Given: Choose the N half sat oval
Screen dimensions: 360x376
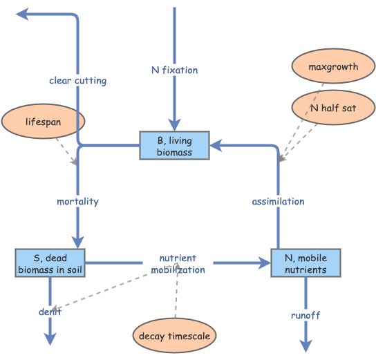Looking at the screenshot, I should tap(333, 107).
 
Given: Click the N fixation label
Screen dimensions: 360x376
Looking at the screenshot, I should tap(174, 70).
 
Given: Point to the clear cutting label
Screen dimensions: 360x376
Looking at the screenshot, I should tap(77, 81).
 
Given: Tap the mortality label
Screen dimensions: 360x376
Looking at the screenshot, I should tap(77, 202).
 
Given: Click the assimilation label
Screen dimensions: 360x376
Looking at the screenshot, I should tap(278, 202).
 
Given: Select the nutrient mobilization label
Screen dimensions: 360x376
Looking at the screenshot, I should tap(178, 264).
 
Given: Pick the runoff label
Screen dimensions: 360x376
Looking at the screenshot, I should tap(305, 315).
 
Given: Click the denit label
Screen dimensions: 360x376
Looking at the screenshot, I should tap(50, 312).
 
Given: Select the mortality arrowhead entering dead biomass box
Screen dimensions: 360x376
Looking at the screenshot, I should tap(77, 242).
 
